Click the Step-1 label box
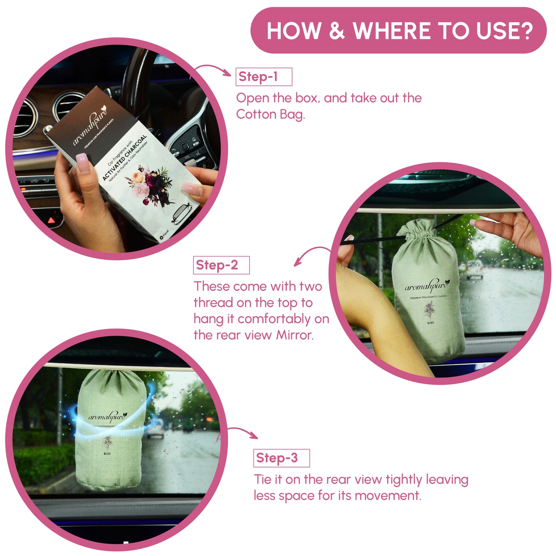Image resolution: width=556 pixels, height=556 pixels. [x=264, y=77]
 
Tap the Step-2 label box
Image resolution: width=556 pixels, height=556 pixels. [x=221, y=265]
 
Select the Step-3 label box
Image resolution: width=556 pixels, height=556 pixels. [x=281, y=458]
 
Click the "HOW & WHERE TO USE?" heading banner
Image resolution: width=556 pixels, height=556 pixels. [x=398, y=30]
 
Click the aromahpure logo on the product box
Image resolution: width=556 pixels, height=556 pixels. [x=90, y=128]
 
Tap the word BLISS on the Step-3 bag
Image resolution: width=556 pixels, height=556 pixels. [x=107, y=453]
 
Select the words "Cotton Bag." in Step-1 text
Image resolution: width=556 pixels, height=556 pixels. [x=270, y=115]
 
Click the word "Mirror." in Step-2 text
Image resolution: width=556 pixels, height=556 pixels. [x=295, y=335]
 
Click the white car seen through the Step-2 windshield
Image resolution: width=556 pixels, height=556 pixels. [x=475, y=269]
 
